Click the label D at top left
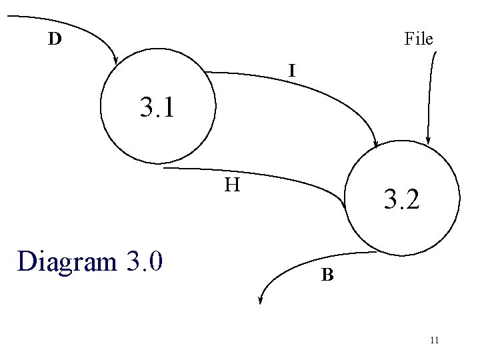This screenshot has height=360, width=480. pyautogui.click(x=55, y=39)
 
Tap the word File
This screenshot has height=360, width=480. pyautogui.click(x=419, y=39)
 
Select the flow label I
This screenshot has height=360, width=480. pyautogui.click(x=292, y=68)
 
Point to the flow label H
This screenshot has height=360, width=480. pyautogui.click(x=232, y=184)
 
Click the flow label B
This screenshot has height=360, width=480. pyautogui.click(x=327, y=274)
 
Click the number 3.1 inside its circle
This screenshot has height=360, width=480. pyautogui.click(x=157, y=107)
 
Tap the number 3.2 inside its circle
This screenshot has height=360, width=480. pyautogui.click(x=400, y=199)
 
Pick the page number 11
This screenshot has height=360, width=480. pyautogui.click(x=434, y=341)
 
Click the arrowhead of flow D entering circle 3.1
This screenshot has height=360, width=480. pyautogui.click(x=116, y=61)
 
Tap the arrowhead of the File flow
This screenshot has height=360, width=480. pyautogui.click(x=429, y=141)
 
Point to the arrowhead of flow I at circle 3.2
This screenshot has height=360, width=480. pyautogui.click(x=377, y=144)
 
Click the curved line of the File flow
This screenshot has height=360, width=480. pyautogui.click(x=430, y=93)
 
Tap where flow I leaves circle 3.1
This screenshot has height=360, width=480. pyautogui.click(x=209, y=71)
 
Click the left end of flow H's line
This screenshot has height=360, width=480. pyautogui.click(x=165, y=168)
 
